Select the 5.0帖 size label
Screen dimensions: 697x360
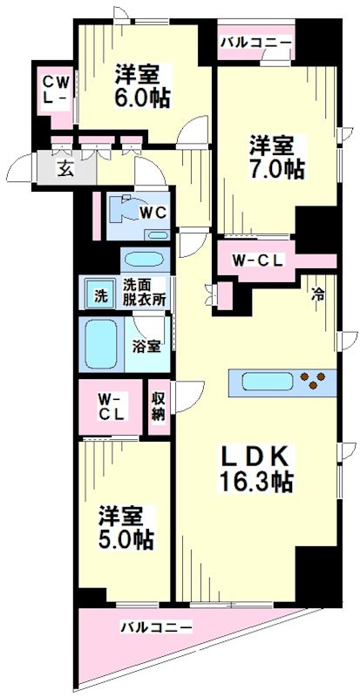pyautogui.click(x=126, y=539)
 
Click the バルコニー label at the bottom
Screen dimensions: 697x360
pyautogui.click(x=157, y=626)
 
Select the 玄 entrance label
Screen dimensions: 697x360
pyautogui.click(x=65, y=169)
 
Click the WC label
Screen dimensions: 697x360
pyautogui.click(x=153, y=211)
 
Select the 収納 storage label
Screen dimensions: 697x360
pyautogui.click(x=158, y=406)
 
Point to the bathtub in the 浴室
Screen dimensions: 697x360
pyautogui.click(x=103, y=346)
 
